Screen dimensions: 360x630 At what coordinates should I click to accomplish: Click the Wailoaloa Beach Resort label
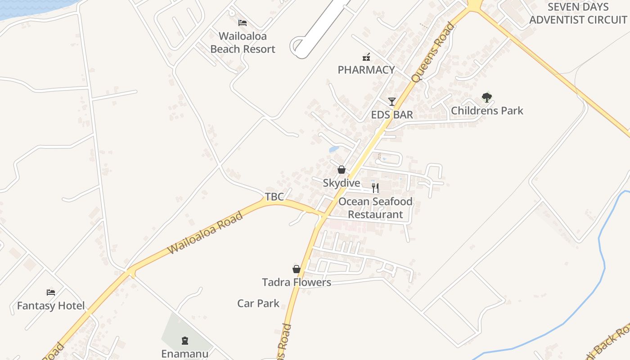coord(243,42)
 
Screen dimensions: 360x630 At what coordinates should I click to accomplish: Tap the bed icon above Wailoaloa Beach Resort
coord(243,22)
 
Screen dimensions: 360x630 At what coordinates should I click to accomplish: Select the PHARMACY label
coord(366,70)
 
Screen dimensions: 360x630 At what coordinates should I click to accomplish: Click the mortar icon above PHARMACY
coord(366,57)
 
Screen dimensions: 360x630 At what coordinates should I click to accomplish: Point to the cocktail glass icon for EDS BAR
coord(392,102)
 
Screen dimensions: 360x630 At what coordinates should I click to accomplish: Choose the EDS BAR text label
coord(392,115)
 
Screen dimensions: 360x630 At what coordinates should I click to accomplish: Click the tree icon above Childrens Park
coord(487,97)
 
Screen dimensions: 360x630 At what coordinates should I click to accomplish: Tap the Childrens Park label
coord(487,111)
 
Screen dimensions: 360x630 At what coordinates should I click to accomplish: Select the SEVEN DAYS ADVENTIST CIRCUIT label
coord(578,13)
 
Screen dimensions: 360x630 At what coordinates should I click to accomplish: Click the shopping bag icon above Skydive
coord(342,170)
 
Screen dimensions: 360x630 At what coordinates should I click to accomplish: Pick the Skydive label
coord(342,183)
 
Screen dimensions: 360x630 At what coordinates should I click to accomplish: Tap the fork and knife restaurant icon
coord(375,188)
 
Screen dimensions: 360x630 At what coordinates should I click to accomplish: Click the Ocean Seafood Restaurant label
coord(375,208)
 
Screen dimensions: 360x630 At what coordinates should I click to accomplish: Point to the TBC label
coord(274,197)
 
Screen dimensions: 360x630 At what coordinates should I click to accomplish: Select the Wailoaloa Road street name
coord(205,232)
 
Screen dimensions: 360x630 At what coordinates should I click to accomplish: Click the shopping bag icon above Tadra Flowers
coord(297,269)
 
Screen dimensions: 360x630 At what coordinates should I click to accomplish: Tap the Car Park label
coord(258,303)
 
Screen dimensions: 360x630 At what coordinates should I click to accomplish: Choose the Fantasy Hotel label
coord(51,306)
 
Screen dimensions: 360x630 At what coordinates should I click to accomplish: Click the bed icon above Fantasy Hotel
coord(51,292)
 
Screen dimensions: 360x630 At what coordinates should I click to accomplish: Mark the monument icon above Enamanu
coord(185,340)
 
